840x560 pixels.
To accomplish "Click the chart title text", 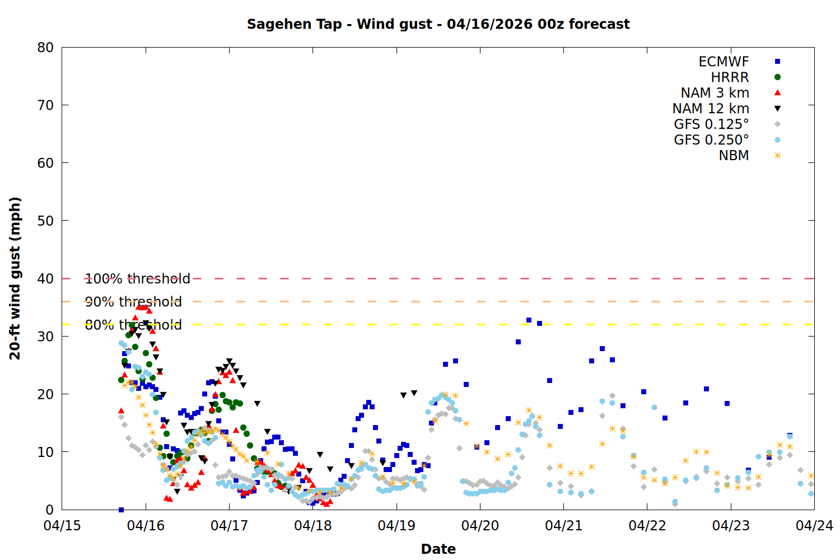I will pos(438,24).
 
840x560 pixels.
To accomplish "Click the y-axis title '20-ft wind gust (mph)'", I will pos(15,278).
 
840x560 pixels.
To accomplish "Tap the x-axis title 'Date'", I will pos(438,549).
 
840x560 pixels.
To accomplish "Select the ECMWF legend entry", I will pos(724,62).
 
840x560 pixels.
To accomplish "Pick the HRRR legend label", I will pos(730,77).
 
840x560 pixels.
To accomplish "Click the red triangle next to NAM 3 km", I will pos(777,92).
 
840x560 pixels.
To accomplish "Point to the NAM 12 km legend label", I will pos(711,109).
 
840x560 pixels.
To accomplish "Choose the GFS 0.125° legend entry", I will pos(711,124).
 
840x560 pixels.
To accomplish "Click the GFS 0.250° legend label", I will pos(711,140).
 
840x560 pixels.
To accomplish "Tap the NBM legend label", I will pos(734,156).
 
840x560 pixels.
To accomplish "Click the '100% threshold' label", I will pos(137,279).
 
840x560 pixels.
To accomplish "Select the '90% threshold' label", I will pos(133,302).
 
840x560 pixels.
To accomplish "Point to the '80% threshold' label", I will pos(133,325).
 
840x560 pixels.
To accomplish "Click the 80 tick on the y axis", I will pos(46,48).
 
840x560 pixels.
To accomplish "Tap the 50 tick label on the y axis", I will pos(46,221).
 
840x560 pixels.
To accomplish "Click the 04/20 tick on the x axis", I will pos(480,526).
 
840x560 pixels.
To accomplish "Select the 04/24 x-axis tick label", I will pos(814,526).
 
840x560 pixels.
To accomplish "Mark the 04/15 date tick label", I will pos(62,526).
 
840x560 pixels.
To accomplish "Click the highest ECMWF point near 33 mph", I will pos(529,320).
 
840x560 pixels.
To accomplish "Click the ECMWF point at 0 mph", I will pos(121,510).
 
